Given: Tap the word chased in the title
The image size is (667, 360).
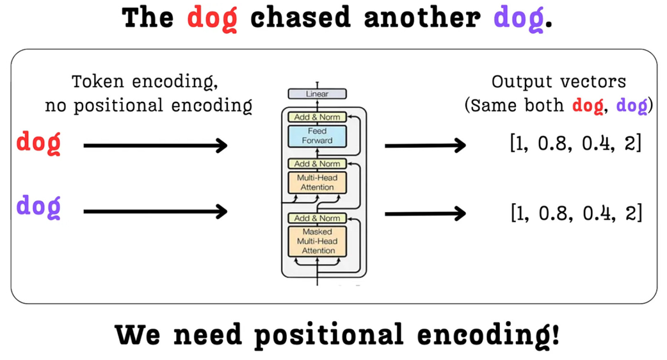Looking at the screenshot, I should pos(300,18).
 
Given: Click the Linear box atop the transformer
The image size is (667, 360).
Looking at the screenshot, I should pos(317,94).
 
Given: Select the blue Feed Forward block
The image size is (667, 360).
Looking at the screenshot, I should pos(317,136).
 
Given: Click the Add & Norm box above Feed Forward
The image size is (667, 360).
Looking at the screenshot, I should pos(317,117).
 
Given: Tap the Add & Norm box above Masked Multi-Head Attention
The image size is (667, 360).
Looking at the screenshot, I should pos(317,218).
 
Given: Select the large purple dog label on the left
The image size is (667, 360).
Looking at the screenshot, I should pos(38,207).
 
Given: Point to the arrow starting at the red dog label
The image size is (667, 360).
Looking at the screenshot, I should pos(156,146).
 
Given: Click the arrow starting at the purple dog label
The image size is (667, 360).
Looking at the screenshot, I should pos(156,210).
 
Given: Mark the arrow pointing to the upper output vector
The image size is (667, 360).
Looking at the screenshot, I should pos(425,146).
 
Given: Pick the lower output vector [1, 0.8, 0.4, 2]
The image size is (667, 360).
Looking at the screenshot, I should pos(575,212).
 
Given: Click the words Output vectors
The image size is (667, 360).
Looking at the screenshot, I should pos(558,82).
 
